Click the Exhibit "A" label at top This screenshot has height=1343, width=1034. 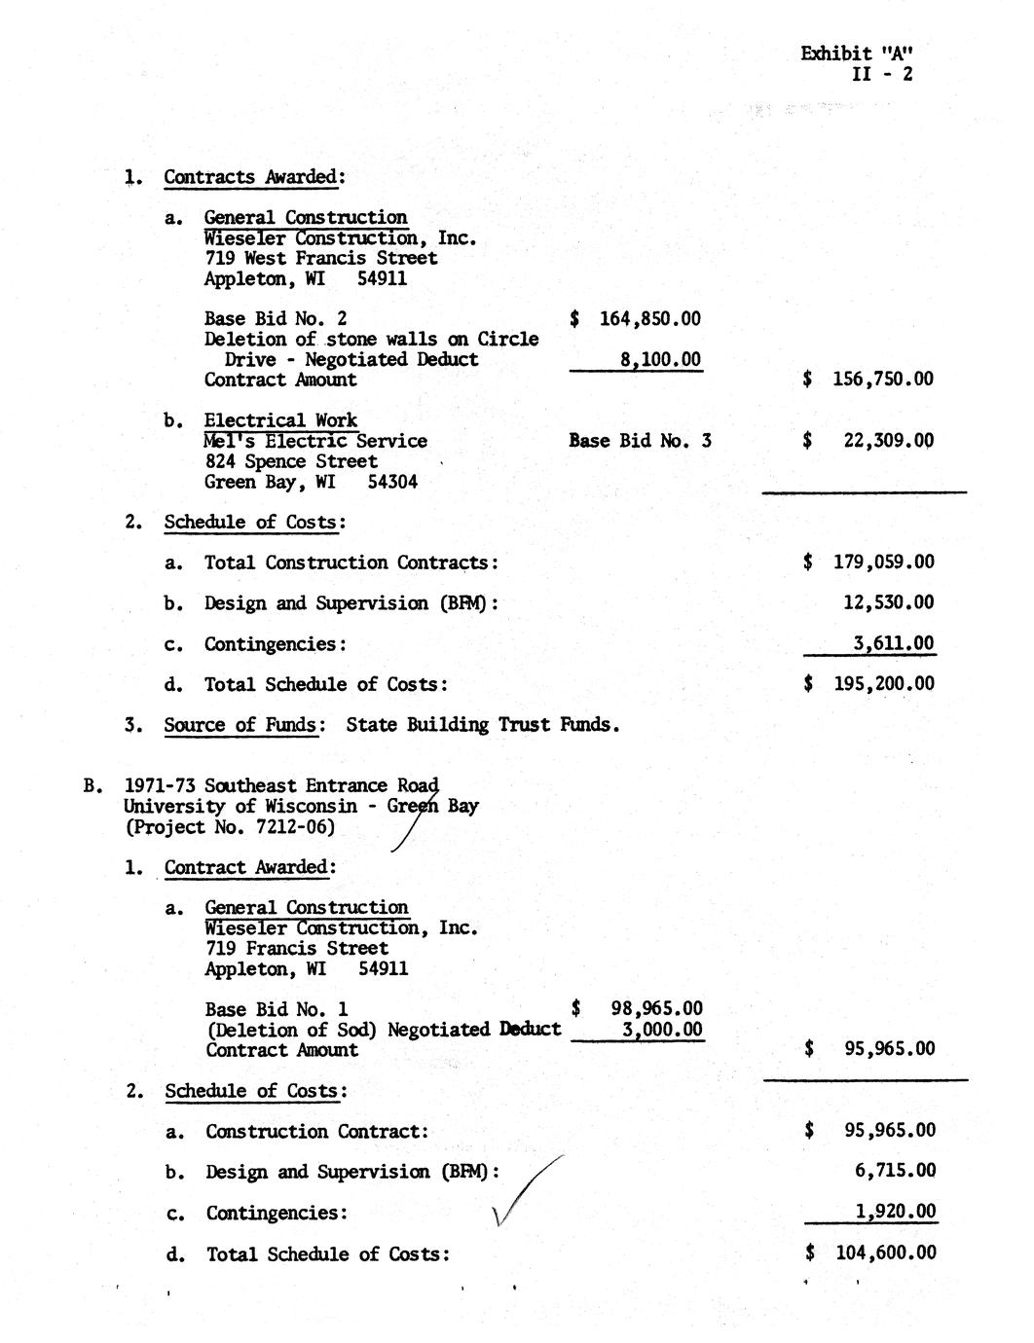[x=857, y=54]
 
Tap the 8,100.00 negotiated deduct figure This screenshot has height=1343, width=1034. [x=660, y=359]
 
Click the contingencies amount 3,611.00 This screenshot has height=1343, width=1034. [x=893, y=643]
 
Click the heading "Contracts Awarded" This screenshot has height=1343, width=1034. [x=250, y=177]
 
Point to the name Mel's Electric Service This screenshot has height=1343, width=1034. [x=315, y=441]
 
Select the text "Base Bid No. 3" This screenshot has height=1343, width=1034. [x=640, y=441]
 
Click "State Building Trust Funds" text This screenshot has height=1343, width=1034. [x=482, y=725]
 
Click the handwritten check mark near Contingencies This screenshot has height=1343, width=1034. [x=526, y=1192]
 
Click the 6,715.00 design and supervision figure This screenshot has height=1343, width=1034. [x=895, y=1171]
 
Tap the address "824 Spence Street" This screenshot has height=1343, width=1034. [x=291, y=461]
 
